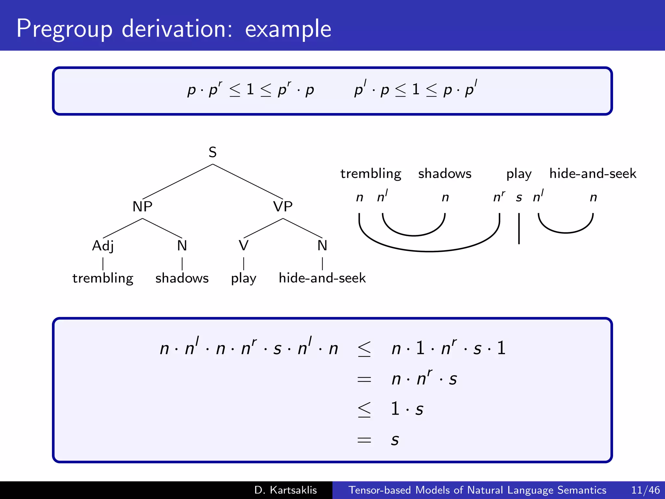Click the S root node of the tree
[x=212, y=152]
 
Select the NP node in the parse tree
[x=142, y=207]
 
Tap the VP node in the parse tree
[x=283, y=207]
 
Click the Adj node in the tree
[x=103, y=246]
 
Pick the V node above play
[x=244, y=246]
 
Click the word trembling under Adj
[x=103, y=278]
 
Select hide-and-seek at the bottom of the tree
[x=322, y=278]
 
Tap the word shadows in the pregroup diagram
[x=445, y=173]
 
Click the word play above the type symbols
[x=519, y=174]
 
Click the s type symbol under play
[x=519, y=198]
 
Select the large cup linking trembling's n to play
[x=429, y=251]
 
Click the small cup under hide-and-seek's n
[x=566, y=232]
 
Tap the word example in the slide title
[x=288, y=29]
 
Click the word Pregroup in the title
[x=64, y=29]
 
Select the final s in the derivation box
[x=395, y=440]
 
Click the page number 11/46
[x=645, y=490]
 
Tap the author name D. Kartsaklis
[x=285, y=490]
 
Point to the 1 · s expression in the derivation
[x=407, y=409]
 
